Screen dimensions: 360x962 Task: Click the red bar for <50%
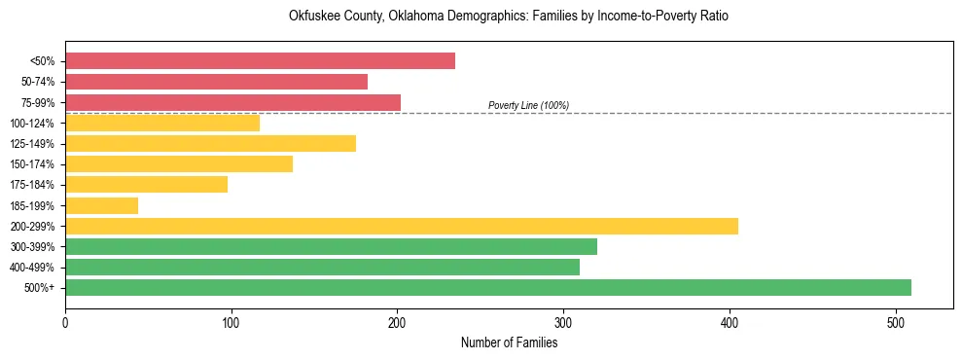point(260,61)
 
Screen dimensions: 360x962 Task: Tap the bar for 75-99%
point(232,102)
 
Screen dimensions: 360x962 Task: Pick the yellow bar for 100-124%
point(162,123)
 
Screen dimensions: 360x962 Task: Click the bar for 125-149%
point(210,144)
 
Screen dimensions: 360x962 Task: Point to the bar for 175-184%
point(146,185)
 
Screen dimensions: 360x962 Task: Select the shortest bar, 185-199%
point(101,205)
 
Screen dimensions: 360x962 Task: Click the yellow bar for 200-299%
point(402,226)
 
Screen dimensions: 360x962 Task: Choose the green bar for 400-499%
point(322,267)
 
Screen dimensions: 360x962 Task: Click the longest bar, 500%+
point(488,287)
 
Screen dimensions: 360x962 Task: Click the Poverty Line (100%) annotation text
point(528,105)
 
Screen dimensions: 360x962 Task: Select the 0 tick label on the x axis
point(65,321)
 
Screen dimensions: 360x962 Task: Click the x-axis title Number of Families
point(509,342)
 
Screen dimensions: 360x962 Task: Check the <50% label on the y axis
point(43,61)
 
